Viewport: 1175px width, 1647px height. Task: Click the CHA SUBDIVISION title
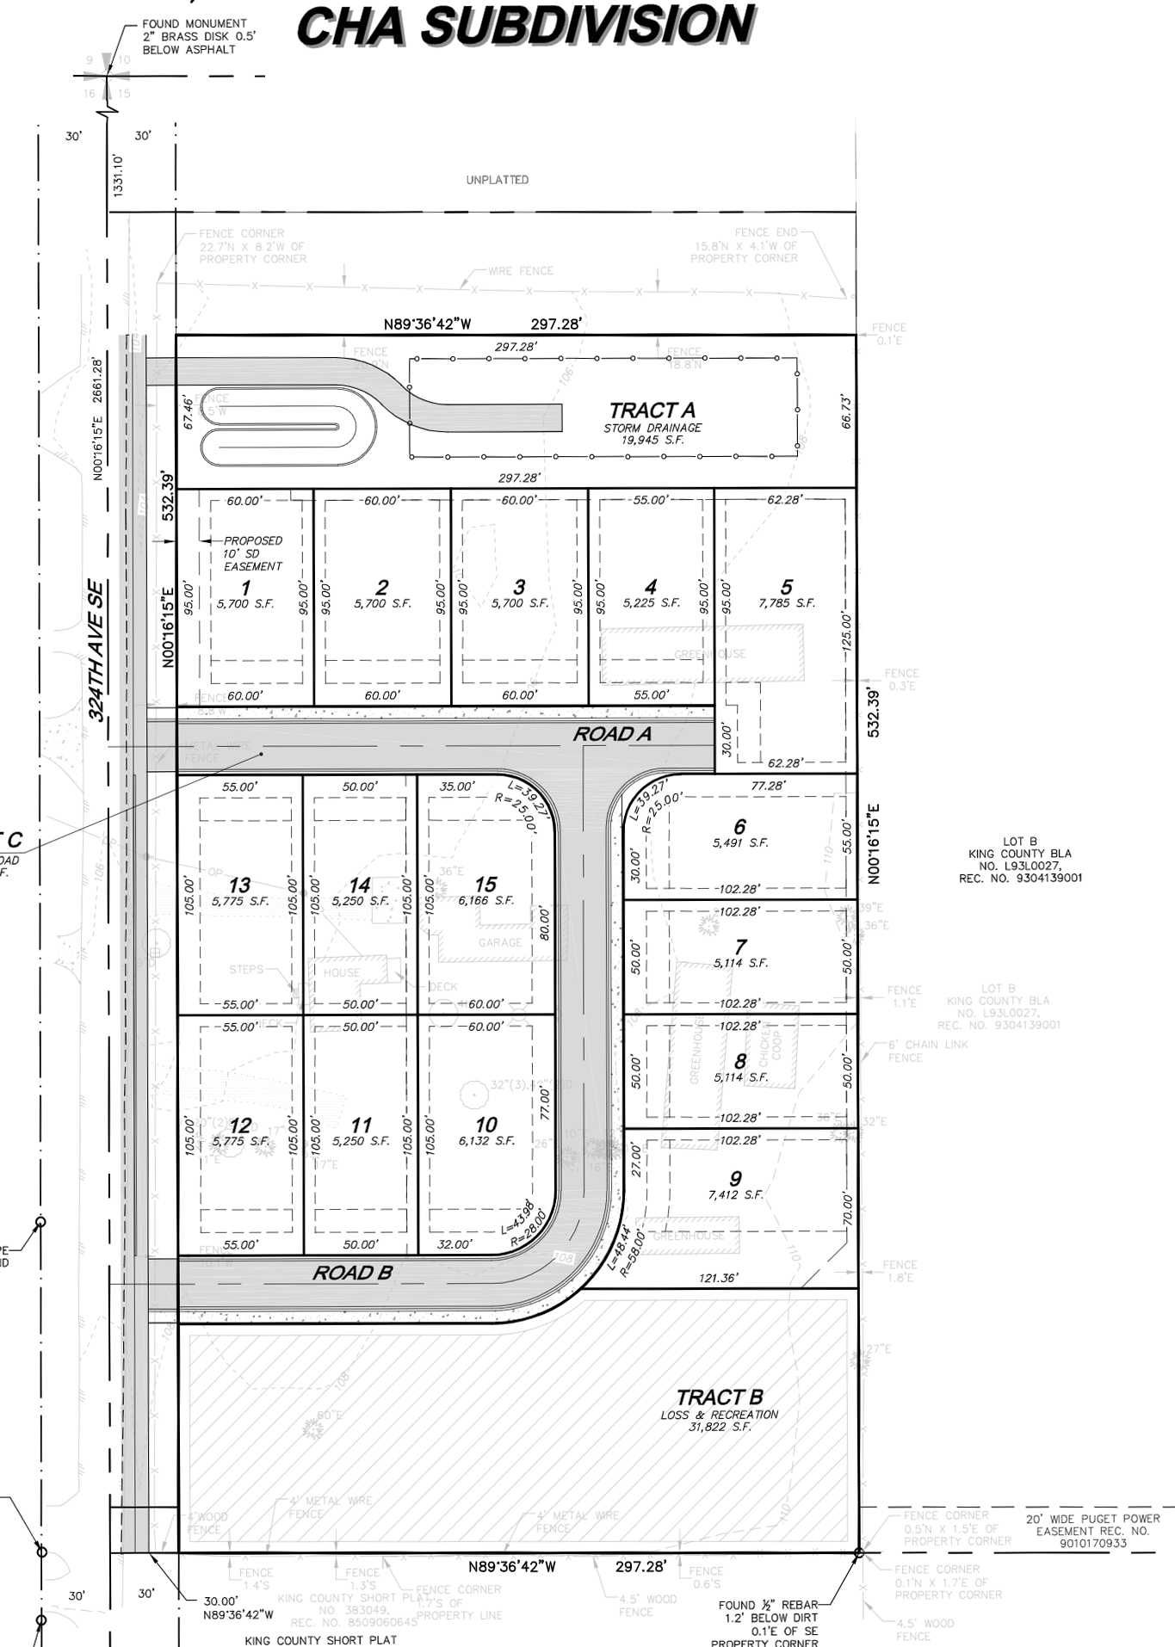[x=525, y=26]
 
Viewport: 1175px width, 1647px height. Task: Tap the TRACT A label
[x=652, y=410]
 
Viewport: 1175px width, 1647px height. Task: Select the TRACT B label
[x=719, y=1397]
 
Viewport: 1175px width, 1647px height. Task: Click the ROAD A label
[x=612, y=734]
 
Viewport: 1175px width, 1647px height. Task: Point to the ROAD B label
[x=352, y=1273]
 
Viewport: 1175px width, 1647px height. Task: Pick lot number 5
[x=786, y=587]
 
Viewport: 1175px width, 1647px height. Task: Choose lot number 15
[x=485, y=885]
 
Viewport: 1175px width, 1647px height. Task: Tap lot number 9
[x=735, y=1179]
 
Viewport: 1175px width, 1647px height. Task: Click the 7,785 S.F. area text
[x=786, y=603]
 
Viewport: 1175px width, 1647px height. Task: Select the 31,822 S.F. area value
[x=720, y=1427]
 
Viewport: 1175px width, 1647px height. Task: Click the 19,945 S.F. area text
[x=652, y=440]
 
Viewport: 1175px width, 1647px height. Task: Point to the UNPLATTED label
[x=498, y=180]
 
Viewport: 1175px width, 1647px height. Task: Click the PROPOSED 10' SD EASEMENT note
[x=251, y=553]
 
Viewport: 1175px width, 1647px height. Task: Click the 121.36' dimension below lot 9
[x=717, y=1278]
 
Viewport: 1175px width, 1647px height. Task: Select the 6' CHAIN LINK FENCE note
[x=927, y=1051]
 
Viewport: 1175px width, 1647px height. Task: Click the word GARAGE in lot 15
[x=500, y=942]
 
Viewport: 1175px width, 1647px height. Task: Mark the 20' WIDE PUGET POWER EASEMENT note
[x=1092, y=1531]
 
